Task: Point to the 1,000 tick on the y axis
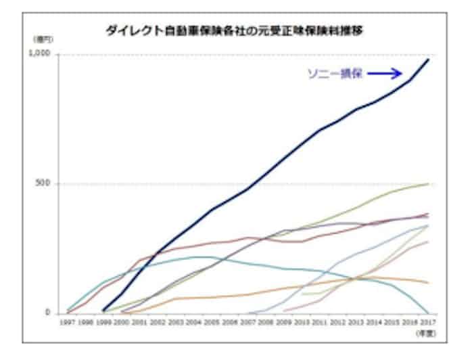43,54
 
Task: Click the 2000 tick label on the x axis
122,323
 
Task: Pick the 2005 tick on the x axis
212,323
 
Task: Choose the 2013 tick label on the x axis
356,323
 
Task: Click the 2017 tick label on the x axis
427,323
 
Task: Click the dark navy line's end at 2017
427,60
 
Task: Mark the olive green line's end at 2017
427,183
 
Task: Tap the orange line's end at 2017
427,282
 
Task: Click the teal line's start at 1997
68,310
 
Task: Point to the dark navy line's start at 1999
103,311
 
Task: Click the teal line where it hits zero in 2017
427,313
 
